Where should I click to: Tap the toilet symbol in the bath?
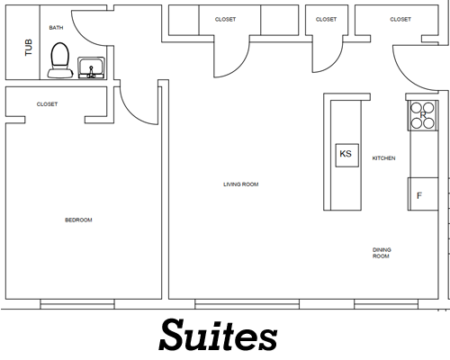point(60,59)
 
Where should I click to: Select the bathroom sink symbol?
point(90,67)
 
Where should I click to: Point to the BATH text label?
point(56,28)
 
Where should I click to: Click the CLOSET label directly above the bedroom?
point(47,104)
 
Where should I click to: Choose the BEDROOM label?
point(78,220)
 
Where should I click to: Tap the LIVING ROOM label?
point(240,184)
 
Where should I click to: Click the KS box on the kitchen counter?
point(346,154)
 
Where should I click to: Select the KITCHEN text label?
point(384,158)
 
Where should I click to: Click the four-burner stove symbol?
point(421,113)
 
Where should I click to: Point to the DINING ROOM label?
point(382,253)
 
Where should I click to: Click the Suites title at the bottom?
point(219,335)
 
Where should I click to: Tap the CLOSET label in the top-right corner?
point(400,19)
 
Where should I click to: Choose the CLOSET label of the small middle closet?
point(327,19)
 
